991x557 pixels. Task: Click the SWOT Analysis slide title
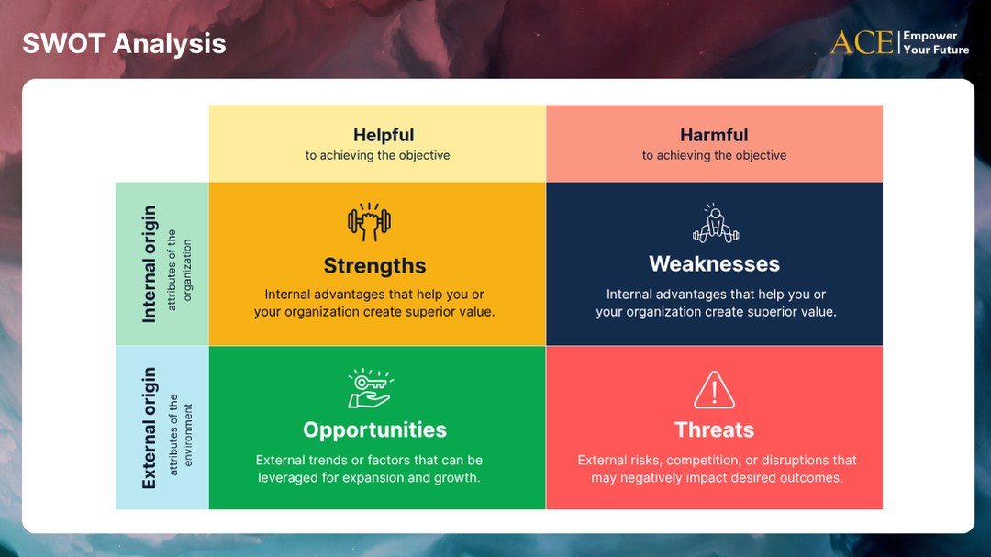(x=124, y=43)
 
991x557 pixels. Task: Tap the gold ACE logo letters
(x=862, y=42)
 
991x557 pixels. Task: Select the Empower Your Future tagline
(x=936, y=43)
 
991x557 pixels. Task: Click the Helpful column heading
(x=384, y=135)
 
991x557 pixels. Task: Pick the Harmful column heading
(x=714, y=135)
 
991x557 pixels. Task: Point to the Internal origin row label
(x=150, y=264)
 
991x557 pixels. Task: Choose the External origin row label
(x=150, y=429)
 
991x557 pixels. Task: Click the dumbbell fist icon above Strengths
(x=369, y=221)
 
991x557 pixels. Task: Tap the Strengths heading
(x=374, y=266)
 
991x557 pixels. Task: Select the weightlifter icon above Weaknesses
(x=715, y=223)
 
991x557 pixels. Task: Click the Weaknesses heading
(x=714, y=264)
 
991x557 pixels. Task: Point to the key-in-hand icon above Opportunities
(x=370, y=388)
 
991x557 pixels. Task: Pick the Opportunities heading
(x=374, y=429)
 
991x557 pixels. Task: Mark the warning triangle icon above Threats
(x=714, y=389)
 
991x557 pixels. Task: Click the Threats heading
(x=714, y=429)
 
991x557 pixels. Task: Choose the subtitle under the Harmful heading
(x=714, y=156)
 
